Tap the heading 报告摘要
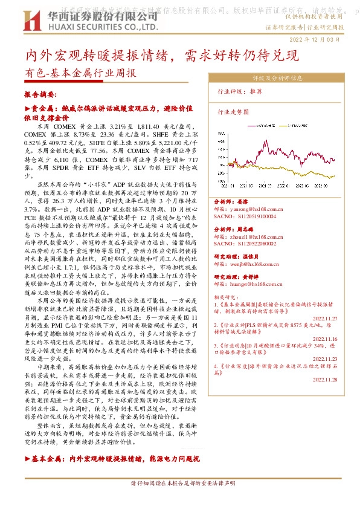pyautogui.click(x=40, y=95)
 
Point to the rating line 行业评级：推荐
pyautogui.click(x=240, y=92)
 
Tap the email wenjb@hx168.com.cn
pyautogui.click(x=246, y=264)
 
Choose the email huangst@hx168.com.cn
pyautogui.click(x=248, y=284)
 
